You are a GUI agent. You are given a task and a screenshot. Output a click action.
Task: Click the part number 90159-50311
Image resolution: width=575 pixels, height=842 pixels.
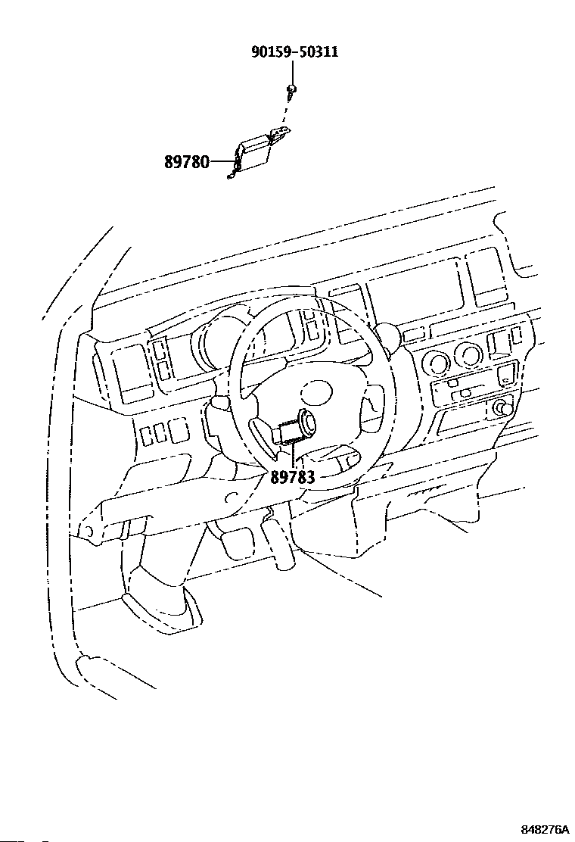tap(294, 52)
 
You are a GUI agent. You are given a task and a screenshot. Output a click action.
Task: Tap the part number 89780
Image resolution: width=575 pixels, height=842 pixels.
tap(186, 161)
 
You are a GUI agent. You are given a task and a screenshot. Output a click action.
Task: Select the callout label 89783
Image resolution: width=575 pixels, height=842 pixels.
tap(292, 476)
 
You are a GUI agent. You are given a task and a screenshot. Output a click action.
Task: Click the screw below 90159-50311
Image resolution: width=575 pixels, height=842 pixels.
tap(291, 92)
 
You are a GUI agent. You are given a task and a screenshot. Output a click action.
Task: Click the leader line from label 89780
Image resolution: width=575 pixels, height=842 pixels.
tap(222, 161)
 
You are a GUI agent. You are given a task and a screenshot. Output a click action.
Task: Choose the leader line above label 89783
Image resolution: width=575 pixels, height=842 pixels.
tap(292, 457)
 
